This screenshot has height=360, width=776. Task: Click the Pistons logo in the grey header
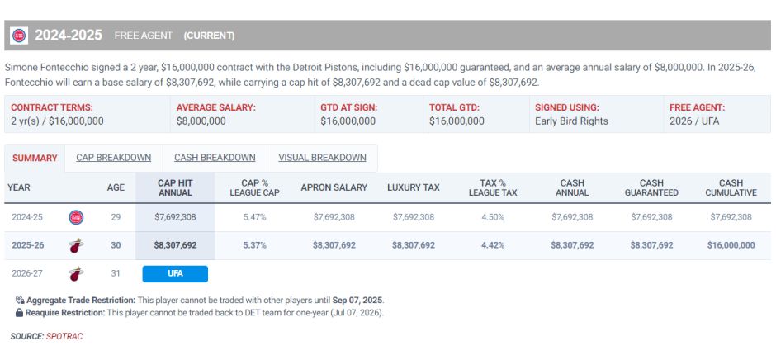(19, 36)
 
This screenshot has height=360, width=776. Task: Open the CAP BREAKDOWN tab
(113, 158)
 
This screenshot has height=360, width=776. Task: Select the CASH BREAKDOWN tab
(215, 158)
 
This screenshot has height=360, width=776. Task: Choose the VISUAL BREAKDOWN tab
(322, 158)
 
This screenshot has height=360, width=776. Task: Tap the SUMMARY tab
(35, 158)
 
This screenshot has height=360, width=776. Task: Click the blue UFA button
(175, 274)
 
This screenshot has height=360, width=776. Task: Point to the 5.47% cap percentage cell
(255, 217)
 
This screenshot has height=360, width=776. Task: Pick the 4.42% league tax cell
(492, 245)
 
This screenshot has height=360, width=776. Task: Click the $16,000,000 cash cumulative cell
(731, 245)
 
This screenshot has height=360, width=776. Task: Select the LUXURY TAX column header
(414, 187)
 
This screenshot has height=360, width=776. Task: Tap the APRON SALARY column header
(334, 187)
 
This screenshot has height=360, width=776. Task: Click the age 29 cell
(116, 217)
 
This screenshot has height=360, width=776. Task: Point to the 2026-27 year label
(27, 273)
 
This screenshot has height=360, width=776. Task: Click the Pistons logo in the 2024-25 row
(76, 217)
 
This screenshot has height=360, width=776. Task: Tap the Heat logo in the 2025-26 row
(76, 245)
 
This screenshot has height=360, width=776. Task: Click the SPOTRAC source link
(64, 336)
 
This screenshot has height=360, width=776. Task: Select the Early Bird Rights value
(571, 121)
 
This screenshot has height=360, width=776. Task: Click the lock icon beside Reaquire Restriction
(19, 313)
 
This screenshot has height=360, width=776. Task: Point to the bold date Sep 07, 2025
(357, 300)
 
